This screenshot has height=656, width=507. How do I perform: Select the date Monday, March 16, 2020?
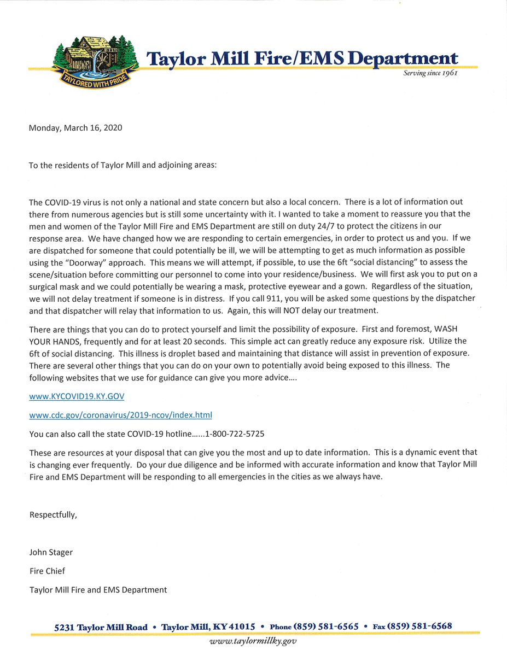click(75, 128)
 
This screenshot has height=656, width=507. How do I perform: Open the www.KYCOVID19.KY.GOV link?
click(80, 396)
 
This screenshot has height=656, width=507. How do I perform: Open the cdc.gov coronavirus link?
click(120, 415)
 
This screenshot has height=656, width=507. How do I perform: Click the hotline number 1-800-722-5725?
click(235, 434)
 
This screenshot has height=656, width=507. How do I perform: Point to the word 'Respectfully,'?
click(53, 514)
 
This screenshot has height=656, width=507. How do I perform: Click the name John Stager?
click(51, 552)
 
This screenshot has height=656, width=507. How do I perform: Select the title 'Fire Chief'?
click(47, 571)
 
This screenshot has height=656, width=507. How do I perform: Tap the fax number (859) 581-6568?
click(419, 626)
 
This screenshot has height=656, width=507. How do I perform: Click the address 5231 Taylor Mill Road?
click(101, 627)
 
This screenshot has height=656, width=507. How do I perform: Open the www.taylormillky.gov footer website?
click(253, 641)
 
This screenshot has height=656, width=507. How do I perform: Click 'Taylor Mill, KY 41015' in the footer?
click(208, 627)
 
